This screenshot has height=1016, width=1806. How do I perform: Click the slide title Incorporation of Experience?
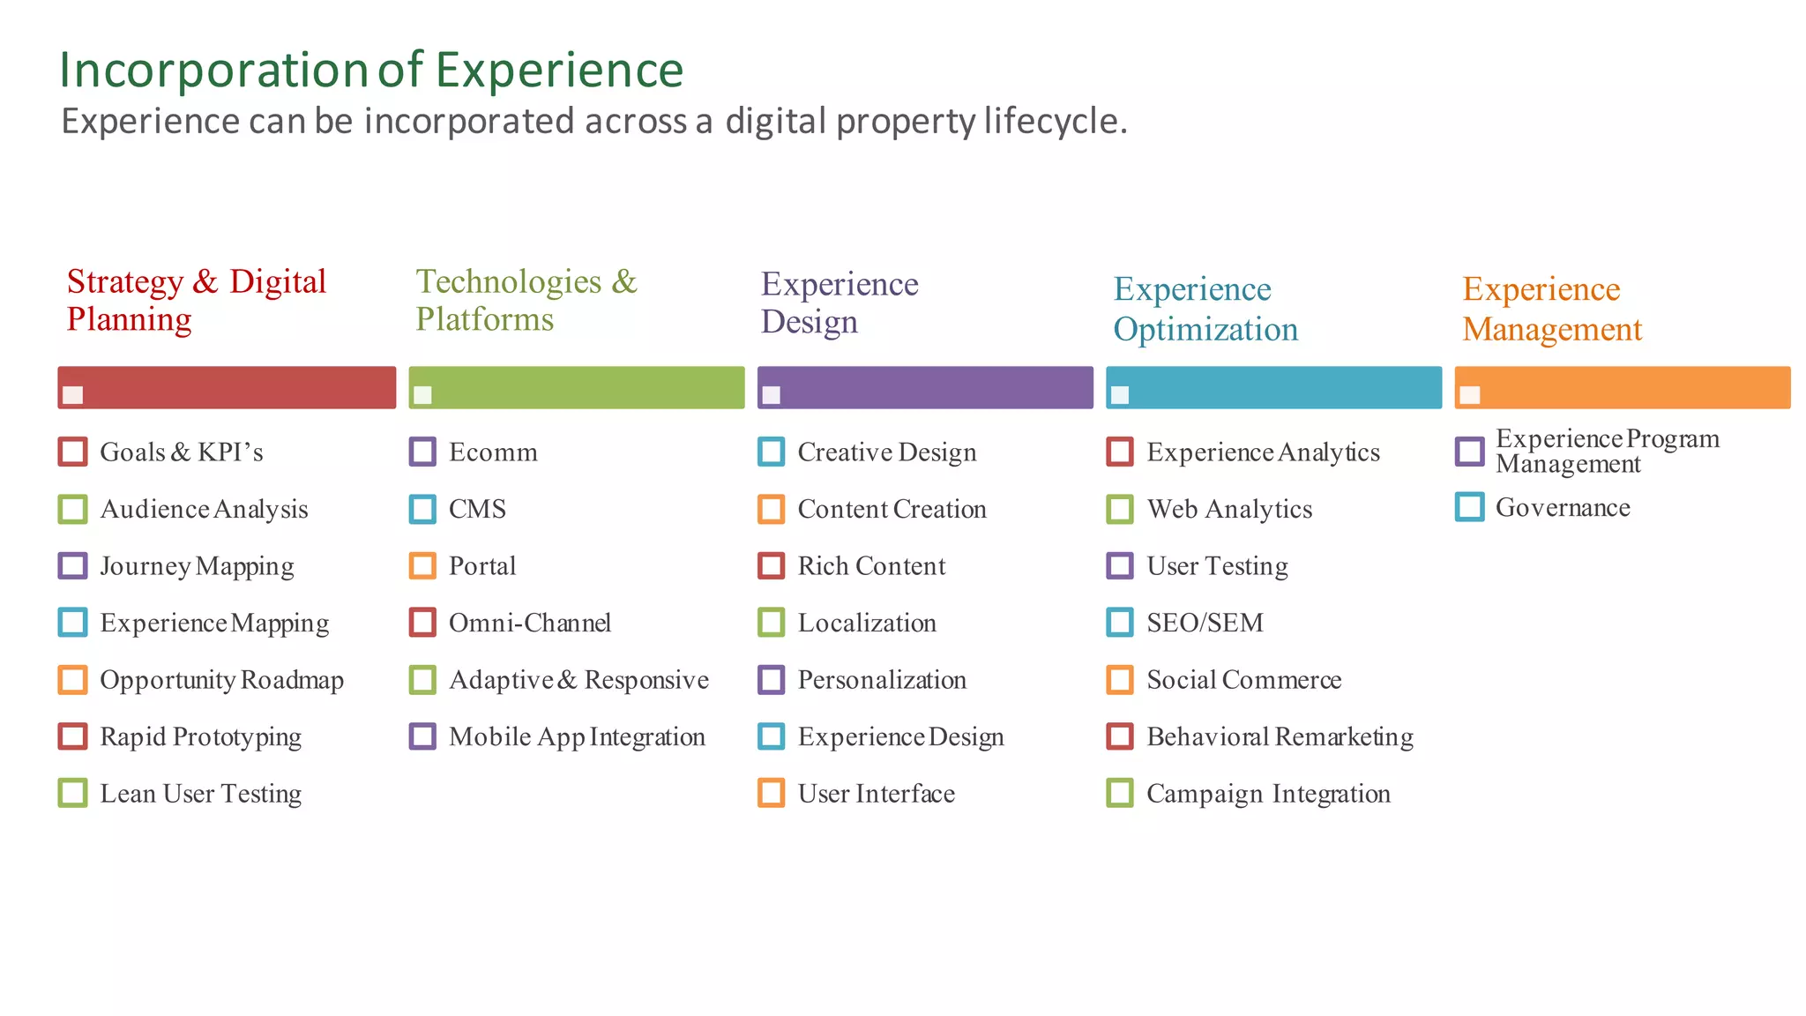coord(370,71)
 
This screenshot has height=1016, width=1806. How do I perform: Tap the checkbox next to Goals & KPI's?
coord(72,452)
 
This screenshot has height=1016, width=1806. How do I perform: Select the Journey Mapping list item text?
coord(197,566)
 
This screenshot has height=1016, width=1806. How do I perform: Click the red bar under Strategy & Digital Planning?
coord(227,387)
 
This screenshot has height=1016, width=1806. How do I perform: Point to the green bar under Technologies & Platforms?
coord(577,387)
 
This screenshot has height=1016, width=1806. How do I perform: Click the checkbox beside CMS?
coord(422,509)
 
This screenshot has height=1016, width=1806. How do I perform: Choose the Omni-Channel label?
coord(529,624)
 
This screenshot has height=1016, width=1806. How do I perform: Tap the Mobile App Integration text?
coord(577,737)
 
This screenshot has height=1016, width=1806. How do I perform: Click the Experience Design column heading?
coord(839,303)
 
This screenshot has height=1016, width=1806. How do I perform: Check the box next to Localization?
coord(771,623)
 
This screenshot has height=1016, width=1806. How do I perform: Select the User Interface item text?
coord(876,794)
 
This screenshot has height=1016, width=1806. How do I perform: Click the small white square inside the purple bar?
coord(771,395)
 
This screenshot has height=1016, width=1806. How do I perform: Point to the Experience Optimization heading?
coord(1205,309)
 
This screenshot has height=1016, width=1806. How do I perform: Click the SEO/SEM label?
coord(1205,624)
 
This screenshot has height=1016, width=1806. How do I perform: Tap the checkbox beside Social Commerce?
coord(1120,680)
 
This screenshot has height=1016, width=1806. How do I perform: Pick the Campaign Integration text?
coord(1268,794)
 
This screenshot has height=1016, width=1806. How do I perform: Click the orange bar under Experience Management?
coord(1623,387)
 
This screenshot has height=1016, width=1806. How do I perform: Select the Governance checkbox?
coord(1469,507)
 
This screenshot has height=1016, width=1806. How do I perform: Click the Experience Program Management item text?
coord(1607,451)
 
